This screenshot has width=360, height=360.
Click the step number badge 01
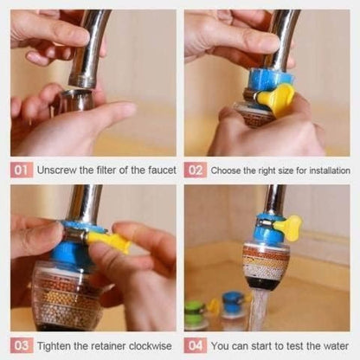click(22, 170)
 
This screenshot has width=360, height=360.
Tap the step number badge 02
click(196, 170)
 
